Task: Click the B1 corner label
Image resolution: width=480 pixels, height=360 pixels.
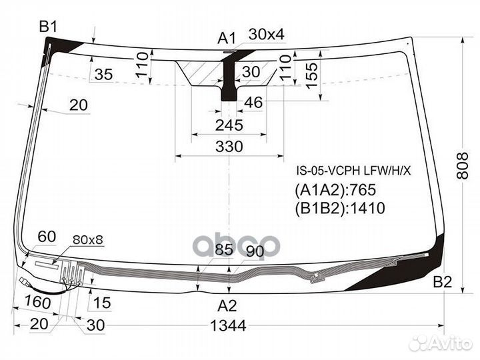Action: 48,27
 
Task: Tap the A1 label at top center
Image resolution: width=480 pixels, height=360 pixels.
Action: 227,37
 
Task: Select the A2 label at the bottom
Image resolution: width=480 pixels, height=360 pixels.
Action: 228,307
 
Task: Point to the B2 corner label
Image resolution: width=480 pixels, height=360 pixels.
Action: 442,282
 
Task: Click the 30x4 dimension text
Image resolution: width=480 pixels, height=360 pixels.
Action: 266,34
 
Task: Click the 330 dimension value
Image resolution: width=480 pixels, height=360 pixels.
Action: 229,147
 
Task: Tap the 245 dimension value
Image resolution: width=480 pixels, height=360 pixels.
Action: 229,125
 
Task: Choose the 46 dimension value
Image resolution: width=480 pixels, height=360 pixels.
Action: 253,102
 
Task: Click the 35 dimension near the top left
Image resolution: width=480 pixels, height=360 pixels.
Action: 103,74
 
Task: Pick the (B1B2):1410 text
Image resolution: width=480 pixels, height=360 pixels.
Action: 339,208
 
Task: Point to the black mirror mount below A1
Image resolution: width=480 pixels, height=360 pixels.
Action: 229,87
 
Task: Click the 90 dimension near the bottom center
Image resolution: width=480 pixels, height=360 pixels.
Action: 255,251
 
